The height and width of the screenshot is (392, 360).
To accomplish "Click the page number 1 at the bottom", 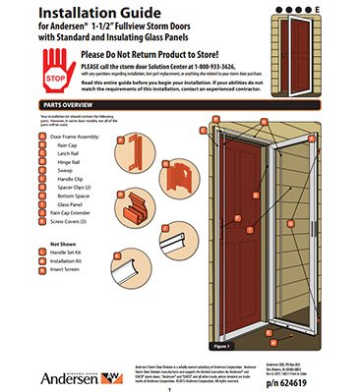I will pos(181,385).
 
